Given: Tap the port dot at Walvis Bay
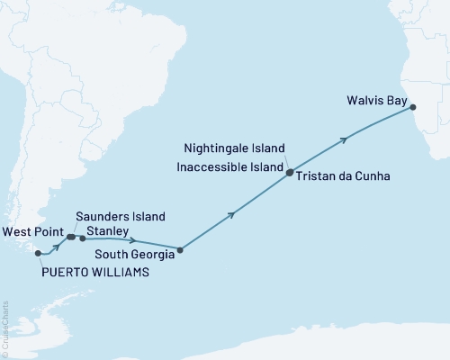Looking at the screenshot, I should pos(414,107).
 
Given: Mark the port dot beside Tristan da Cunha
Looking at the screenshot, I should pos(289,175).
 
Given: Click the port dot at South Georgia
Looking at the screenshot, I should pos(180,250).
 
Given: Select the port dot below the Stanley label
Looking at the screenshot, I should pos(83,238).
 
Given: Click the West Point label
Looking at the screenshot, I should pos(33,230).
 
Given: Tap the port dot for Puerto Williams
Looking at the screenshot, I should pos(38,253).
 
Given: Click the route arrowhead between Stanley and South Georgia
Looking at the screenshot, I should pos(133,240).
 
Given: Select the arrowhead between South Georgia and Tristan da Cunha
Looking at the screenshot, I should pos(233,213).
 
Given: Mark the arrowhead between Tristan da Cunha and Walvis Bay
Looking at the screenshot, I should pos(344,139).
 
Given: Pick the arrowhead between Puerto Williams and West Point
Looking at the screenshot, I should pos(58,246).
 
